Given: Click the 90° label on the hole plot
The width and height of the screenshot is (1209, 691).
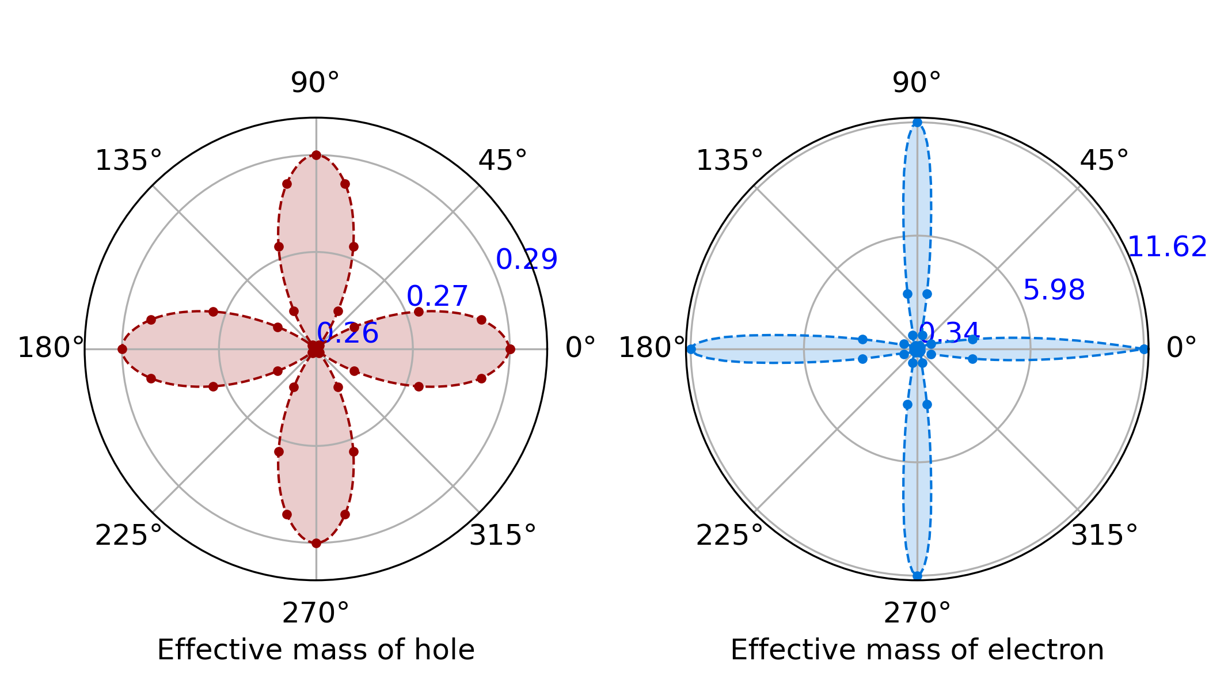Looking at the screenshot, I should (315, 83).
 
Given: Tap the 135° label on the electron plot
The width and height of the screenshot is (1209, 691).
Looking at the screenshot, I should (729, 161).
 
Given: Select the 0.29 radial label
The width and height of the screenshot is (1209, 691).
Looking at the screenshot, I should (527, 259).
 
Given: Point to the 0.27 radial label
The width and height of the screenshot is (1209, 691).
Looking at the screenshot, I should (438, 297).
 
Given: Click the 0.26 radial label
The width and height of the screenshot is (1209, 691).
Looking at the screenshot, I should (348, 333).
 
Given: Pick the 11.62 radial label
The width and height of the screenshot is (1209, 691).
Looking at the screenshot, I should (1166, 247).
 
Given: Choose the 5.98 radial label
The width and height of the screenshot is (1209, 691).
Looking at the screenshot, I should (1054, 290).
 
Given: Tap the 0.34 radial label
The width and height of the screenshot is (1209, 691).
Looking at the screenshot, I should (950, 332).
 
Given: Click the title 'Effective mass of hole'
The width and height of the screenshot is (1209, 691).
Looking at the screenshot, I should (315, 650).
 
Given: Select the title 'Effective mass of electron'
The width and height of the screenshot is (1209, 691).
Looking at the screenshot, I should (917, 650).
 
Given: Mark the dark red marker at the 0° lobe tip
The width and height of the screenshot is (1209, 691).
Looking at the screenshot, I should (510, 349).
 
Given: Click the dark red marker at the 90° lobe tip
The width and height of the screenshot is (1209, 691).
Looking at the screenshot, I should (316, 155).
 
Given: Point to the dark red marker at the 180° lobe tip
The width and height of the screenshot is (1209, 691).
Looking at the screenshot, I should (122, 349).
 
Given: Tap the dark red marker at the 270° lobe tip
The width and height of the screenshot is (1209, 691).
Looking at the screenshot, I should (316, 543).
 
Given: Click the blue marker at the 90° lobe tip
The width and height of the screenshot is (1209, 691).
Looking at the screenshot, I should (917, 122).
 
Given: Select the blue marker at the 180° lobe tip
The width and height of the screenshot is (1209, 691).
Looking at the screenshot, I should (691, 349).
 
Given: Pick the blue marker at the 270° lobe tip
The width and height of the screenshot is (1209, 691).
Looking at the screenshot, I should (917, 575).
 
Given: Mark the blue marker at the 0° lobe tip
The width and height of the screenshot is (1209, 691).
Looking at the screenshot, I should (1144, 349).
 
